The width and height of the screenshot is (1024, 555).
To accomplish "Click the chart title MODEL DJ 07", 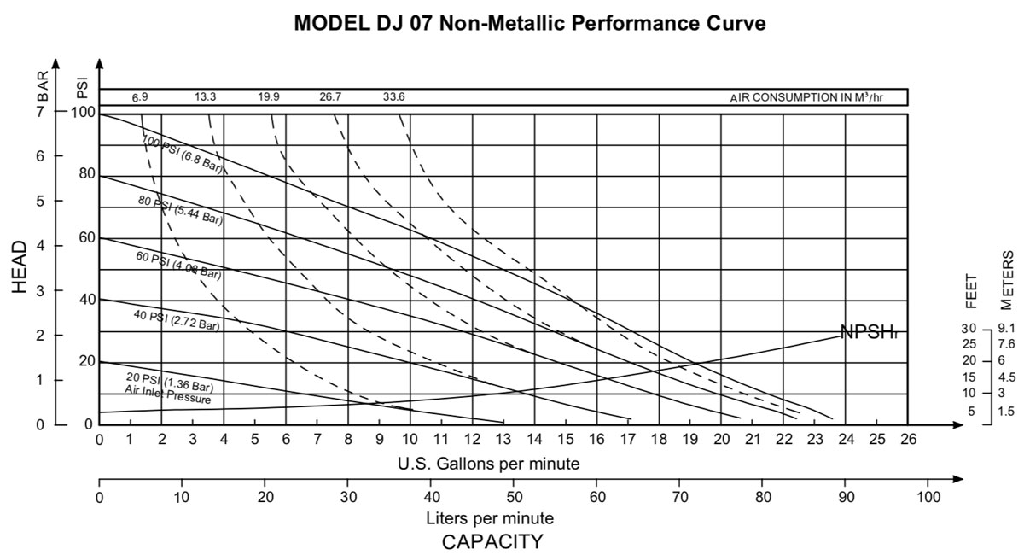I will [x=529, y=23].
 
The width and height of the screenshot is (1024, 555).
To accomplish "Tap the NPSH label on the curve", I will [x=869, y=333].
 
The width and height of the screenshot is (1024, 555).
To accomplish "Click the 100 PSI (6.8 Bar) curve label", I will [x=182, y=153].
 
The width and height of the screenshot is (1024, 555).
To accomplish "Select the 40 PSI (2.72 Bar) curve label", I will [x=177, y=320].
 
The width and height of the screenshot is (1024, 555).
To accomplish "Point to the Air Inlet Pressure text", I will [x=167, y=399].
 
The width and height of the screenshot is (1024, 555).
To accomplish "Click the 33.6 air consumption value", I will [x=394, y=96].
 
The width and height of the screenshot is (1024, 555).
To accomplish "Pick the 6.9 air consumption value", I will [x=140, y=96].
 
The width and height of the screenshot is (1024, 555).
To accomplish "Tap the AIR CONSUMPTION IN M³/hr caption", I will [x=806, y=96].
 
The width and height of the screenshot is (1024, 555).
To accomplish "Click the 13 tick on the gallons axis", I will [x=503, y=439].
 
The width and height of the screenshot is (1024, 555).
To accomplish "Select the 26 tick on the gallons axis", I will [x=908, y=439].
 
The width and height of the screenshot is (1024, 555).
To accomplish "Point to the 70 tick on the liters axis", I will [x=680, y=496].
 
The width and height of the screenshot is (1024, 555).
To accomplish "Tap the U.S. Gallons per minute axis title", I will [x=489, y=464].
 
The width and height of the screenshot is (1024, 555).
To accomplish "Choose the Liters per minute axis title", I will [x=490, y=518].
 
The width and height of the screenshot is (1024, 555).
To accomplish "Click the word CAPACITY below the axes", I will [x=492, y=541].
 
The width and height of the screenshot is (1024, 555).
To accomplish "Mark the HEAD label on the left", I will [x=21, y=267].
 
